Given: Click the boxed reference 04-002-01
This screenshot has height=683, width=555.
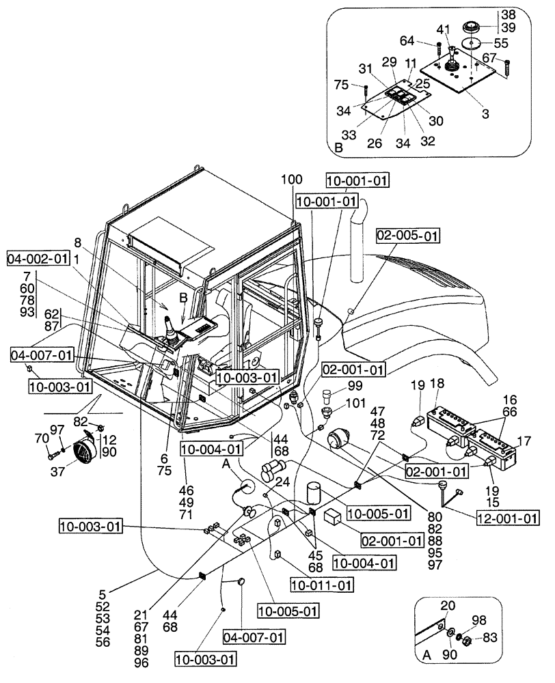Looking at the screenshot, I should [x=38, y=259].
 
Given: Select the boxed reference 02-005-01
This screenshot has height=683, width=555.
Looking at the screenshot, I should [x=408, y=236].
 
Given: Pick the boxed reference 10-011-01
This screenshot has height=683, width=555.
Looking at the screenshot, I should [x=322, y=585].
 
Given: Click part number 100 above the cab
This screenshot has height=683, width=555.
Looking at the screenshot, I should [x=290, y=179].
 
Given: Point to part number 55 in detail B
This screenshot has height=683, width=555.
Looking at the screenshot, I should [x=501, y=42].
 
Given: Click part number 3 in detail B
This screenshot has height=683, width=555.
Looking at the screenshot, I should [x=485, y=114].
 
